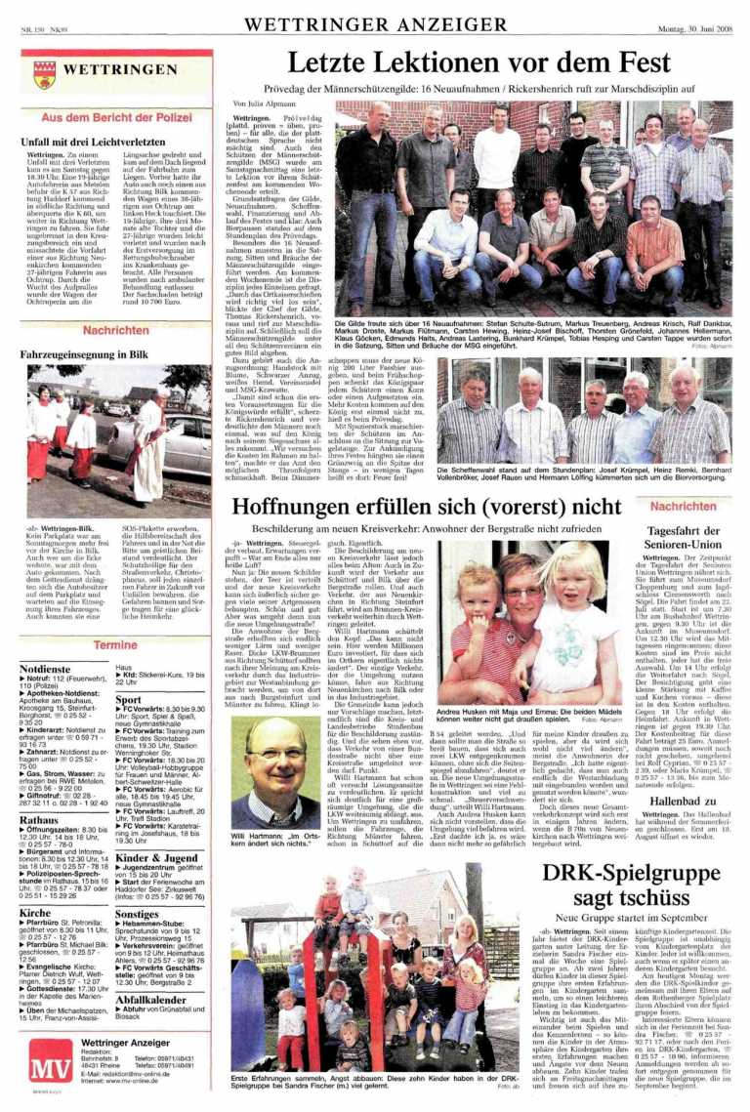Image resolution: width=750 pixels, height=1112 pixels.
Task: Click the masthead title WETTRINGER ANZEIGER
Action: click(374, 22)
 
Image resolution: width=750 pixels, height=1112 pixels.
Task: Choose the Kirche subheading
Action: click(35, 913)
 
